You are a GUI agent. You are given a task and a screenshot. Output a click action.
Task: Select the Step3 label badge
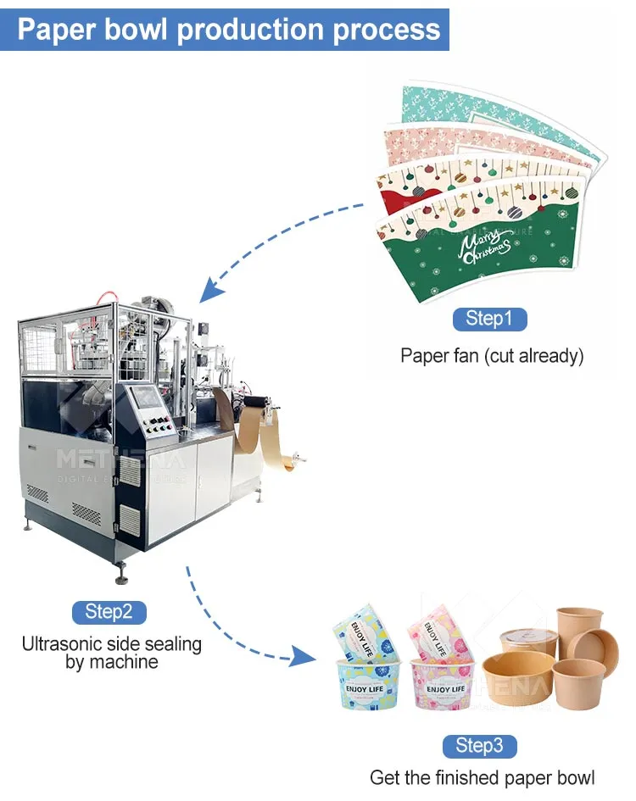tap(479, 746)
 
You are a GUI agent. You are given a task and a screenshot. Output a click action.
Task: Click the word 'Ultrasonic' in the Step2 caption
tap(64, 644)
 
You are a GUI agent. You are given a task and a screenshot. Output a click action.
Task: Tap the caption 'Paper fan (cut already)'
tap(492, 356)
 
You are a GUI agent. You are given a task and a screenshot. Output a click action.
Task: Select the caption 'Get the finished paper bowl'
tap(482, 777)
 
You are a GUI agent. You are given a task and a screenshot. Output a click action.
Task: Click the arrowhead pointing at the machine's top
tap(210, 291)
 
